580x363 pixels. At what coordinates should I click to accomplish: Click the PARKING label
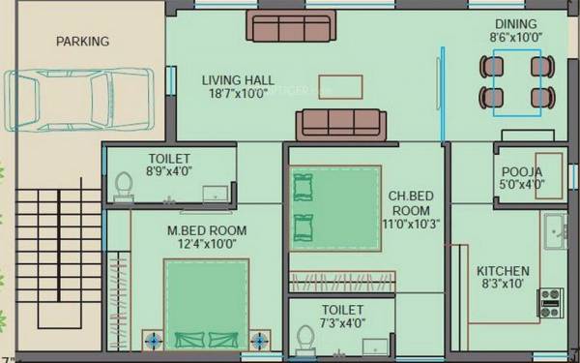(82, 42)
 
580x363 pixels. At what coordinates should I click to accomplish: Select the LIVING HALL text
(238, 80)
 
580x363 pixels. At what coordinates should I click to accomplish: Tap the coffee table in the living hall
(340, 85)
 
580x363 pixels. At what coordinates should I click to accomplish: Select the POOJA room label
(521, 171)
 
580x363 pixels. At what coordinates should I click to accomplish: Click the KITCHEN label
(503, 271)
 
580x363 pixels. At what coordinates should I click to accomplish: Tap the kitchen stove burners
(550, 302)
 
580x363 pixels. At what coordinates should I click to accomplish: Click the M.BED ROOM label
(207, 230)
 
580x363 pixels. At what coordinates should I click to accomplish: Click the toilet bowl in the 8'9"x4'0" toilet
(124, 185)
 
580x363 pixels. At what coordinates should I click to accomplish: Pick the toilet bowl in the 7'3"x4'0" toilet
(305, 339)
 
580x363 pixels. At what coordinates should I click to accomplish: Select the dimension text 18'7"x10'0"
(238, 96)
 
